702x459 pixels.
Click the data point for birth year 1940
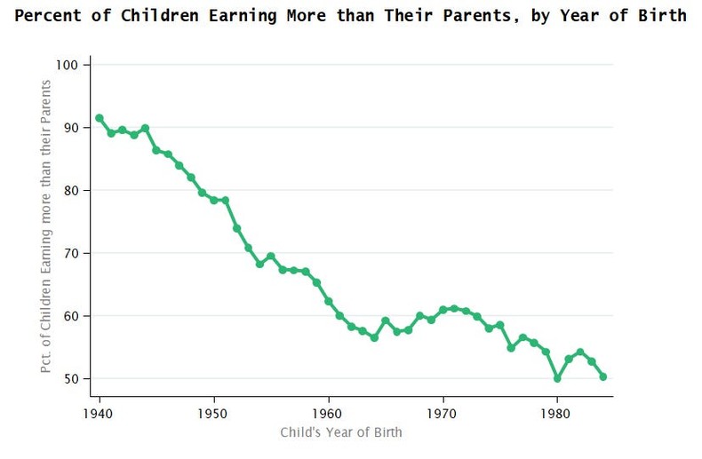pyautogui.click(x=99, y=118)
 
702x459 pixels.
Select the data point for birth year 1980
pyautogui.click(x=557, y=378)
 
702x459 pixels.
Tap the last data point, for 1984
pyautogui.click(x=603, y=376)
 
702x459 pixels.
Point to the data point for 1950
pyautogui.click(x=214, y=200)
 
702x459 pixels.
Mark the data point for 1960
pyautogui.click(x=329, y=301)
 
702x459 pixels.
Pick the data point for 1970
pyautogui.click(x=443, y=310)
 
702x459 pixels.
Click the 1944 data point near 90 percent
pyautogui.click(x=145, y=128)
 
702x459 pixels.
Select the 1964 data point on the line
pyautogui.click(x=374, y=337)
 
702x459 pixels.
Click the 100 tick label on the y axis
pyautogui.click(x=71, y=65)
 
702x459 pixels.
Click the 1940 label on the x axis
pyautogui.click(x=99, y=413)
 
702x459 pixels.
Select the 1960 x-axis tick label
pyautogui.click(x=329, y=413)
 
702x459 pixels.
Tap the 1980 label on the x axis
pyautogui.click(x=557, y=413)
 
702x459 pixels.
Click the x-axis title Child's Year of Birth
pyautogui.click(x=341, y=432)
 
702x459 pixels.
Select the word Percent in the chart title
pyautogui.click(x=44, y=16)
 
